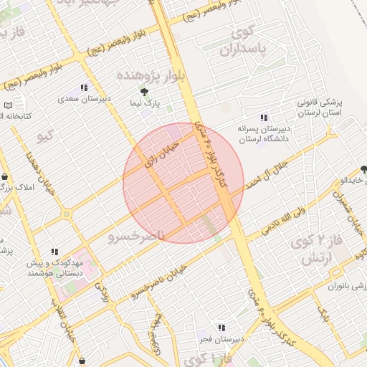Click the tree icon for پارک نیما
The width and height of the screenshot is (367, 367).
click(x=145, y=92)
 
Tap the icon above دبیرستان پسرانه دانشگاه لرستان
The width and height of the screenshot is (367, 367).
click(x=263, y=117)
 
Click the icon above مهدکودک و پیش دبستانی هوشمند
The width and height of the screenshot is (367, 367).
click(x=54, y=252)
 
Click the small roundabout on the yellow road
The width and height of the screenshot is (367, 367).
click(x=67, y=214)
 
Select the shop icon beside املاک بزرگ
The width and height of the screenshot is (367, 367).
click(x=6, y=177)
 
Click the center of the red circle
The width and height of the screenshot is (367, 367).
click(x=183, y=183)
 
